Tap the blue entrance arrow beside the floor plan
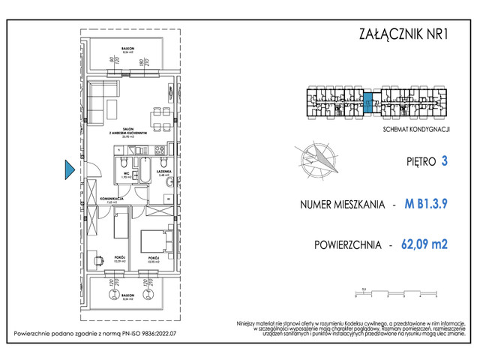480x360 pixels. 69,170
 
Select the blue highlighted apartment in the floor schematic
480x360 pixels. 368,103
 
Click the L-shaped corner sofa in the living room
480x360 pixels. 98,103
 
